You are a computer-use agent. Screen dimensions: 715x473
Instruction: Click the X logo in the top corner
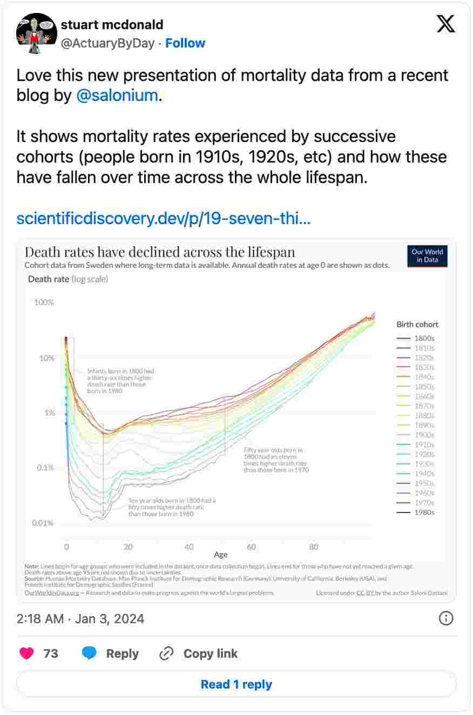[x=445, y=24]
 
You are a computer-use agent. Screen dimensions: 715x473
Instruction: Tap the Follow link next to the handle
[x=185, y=43]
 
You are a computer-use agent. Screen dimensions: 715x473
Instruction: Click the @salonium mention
[x=117, y=96]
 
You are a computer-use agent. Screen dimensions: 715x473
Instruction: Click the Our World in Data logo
[x=427, y=256]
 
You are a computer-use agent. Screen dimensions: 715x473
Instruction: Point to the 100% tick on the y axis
[x=44, y=302]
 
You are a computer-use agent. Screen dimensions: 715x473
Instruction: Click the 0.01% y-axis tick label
[x=42, y=523]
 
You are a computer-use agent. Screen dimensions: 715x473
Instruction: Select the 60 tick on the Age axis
[x=252, y=547]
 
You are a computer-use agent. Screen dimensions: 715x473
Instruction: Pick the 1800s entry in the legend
[x=424, y=339]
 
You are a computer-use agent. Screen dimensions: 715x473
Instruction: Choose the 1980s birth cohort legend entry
[x=424, y=512]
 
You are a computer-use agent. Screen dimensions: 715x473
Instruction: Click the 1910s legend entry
[x=424, y=444]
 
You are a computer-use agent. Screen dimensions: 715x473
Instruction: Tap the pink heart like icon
[x=26, y=653]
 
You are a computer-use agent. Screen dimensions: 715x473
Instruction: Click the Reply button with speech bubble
[x=111, y=653]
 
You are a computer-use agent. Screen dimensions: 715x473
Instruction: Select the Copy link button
[x=199, y=653]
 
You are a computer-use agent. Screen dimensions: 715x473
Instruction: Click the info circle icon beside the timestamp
[x=446, y=618]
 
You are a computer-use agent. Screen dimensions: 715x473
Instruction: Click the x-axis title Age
[x=221, y=555]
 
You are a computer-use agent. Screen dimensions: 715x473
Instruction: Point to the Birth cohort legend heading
[x=417, y=325]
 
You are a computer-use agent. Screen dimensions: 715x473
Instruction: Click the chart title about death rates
[x=160, y=252]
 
